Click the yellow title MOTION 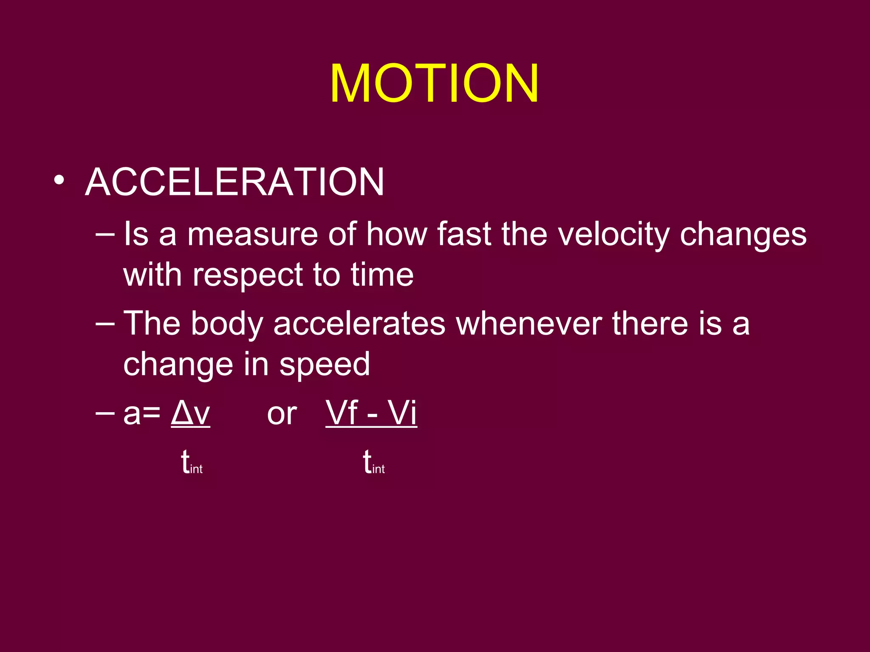[x=434, y=83]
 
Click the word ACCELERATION [x=234, y=182]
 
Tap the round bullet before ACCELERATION [x=59, y=181]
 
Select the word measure [x=252, y=235]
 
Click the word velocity [x=613, y=235]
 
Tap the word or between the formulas [x=282, y=414]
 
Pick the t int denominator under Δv [x=192, y=463]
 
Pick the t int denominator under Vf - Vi [x=374, y=463]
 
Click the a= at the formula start [x=141, y=414]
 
